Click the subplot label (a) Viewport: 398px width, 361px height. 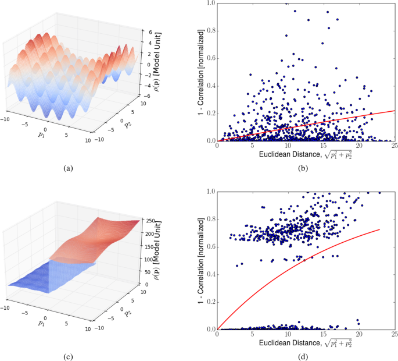pos(69,168)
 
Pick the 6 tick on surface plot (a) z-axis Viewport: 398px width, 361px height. pos(150,33)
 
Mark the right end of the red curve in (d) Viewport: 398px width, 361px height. pos(380,229)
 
